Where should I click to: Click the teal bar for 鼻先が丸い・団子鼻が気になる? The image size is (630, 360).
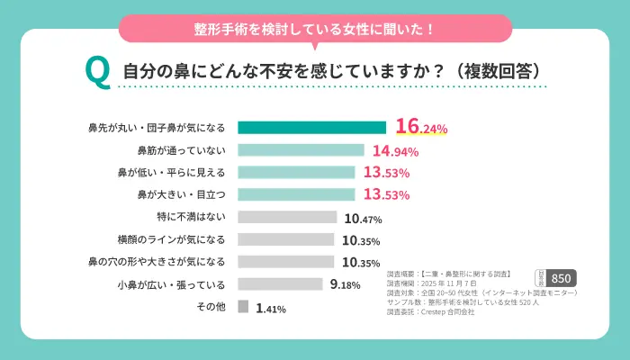[311, 128]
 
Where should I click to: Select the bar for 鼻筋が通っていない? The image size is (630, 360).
[301, 150]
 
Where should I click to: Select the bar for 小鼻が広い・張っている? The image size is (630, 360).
[280, 284]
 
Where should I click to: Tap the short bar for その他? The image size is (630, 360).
[243, 307]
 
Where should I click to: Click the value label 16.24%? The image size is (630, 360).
[421, 128]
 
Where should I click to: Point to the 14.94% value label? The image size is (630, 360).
[395, 150]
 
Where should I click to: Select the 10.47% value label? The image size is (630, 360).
[363, 218]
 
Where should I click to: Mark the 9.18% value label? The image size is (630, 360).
[346, 285]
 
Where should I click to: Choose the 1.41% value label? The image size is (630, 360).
[271, 308]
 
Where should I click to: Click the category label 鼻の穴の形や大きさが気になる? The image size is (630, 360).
[157, 262]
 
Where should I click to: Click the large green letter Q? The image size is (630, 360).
[96, 72]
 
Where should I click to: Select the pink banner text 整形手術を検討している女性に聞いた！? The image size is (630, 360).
[315, 28]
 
